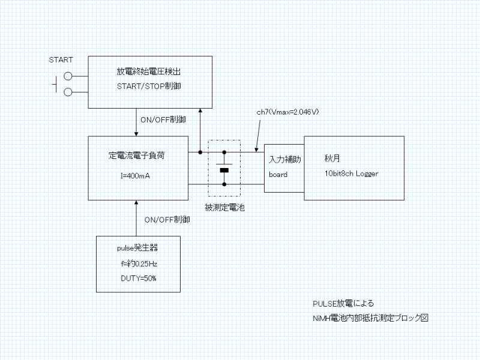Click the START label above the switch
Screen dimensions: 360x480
[x=61, y=60]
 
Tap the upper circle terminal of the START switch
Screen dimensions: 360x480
[x=68, y=76]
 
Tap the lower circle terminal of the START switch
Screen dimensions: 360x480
[x=68, y=92]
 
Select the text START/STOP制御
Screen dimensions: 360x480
[x=149, y=86]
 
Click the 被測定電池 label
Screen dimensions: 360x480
[x=224, y=208]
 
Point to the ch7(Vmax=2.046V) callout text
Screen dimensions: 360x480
[x=287, y=112]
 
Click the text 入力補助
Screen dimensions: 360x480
[x=284, y=160]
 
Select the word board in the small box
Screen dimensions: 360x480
[x=278, y=175]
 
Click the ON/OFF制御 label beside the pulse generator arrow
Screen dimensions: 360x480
[x=167, y=220]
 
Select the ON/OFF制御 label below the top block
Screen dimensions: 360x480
[x=163, y=119]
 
